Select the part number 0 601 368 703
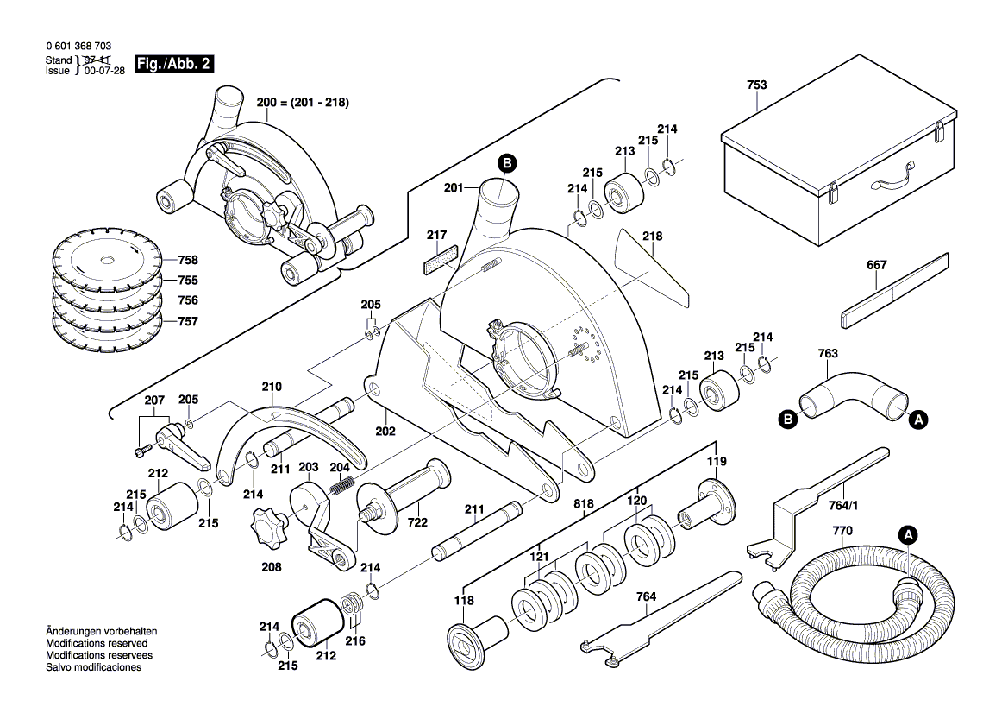tap(78, 46)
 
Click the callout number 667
tap(875, 266)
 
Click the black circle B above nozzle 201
tap(507, 162)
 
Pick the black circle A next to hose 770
tap(906, 535)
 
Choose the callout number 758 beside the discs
tap(188, 260)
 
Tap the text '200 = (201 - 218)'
tap(302, 102)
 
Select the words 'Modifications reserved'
tap(96, 643)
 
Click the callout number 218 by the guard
tap(652, 236)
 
